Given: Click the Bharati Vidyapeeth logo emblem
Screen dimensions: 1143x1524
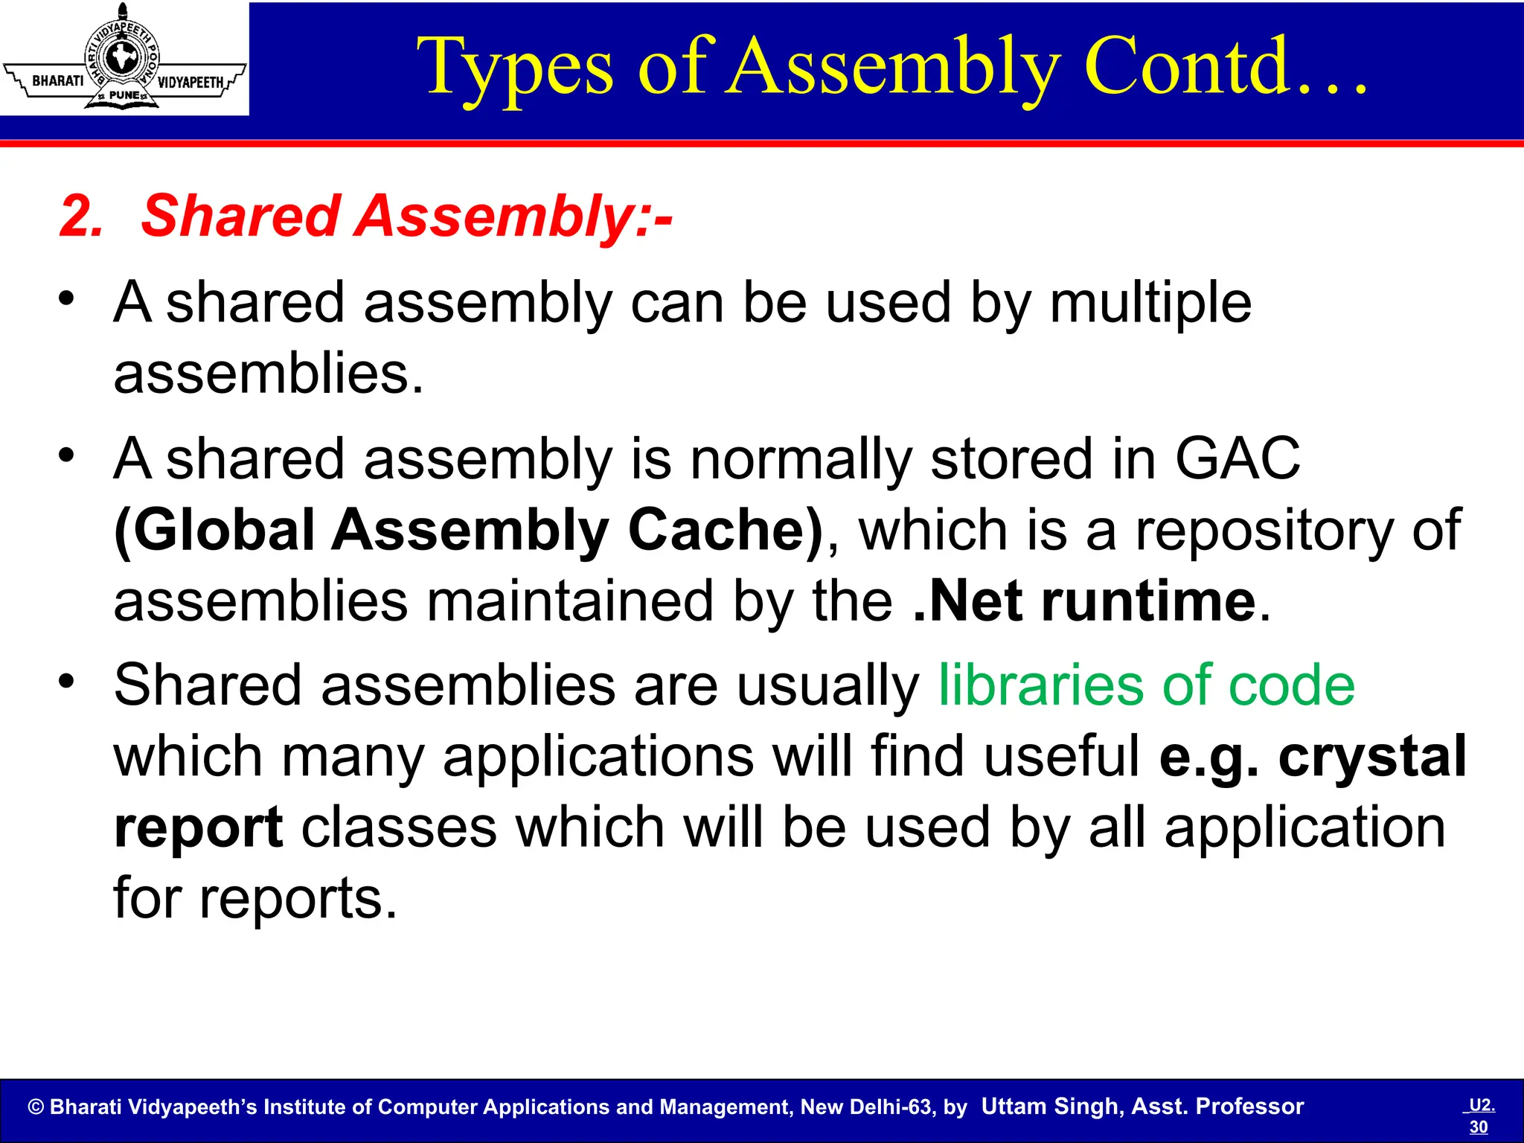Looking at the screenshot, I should (124, 58).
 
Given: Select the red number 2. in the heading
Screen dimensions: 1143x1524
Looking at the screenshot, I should (81, 217).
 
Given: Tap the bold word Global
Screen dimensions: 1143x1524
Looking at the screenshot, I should (215, 530).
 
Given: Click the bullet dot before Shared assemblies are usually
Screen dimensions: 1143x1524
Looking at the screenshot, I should (67, 680).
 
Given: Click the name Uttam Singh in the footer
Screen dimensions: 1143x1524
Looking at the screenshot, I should (1051, 1107).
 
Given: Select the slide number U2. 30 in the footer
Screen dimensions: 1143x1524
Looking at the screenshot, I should (1480, 1115).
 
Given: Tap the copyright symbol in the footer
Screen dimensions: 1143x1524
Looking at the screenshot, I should (36, 1107).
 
